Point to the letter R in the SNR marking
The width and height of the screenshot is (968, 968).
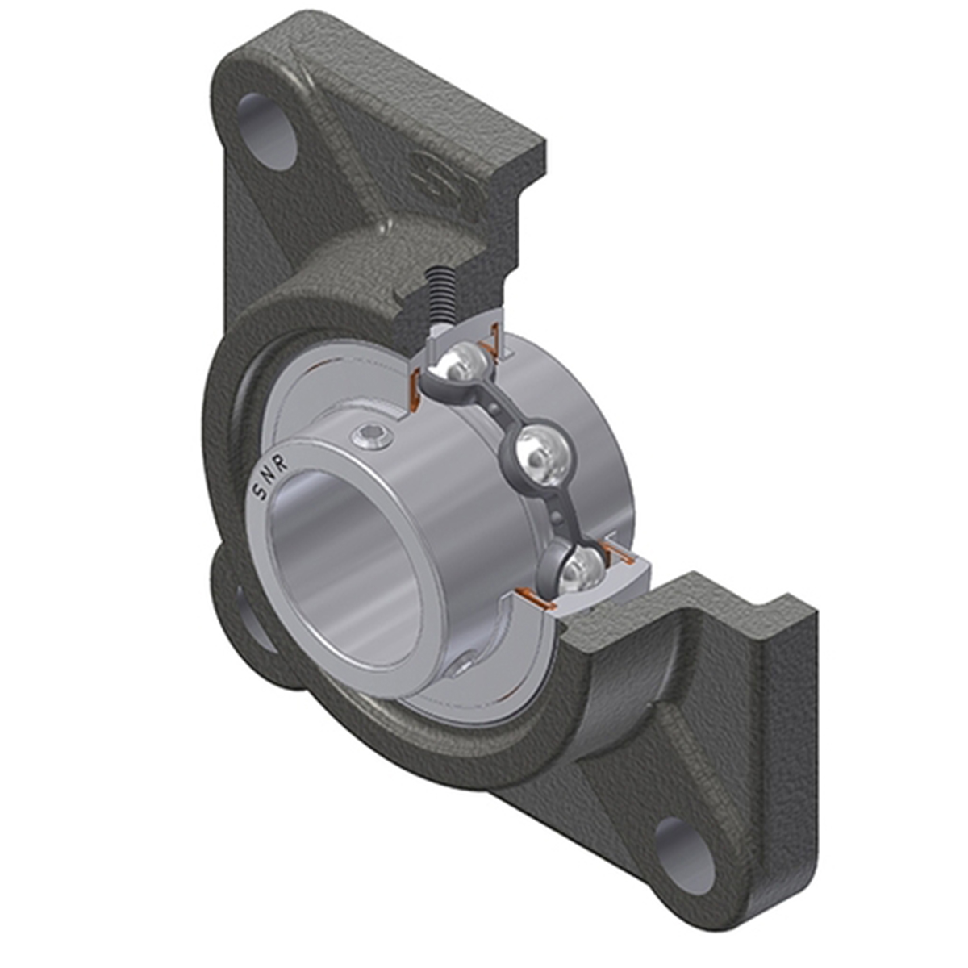(x=282, y=465)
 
